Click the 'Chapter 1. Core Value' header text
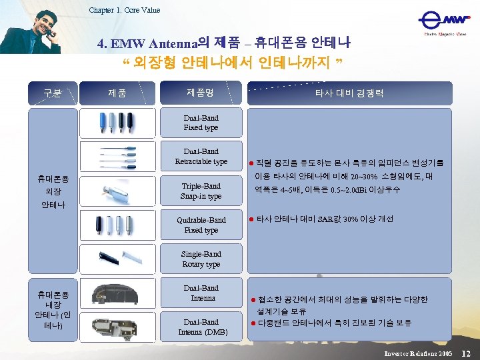pyautogui.click(x=125, y=10)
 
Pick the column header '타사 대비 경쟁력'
pyautogui.click(x=349, y=93)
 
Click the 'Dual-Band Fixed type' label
pyautogui.click(x=201, y=123)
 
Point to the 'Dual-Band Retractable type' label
pyautogui.click(x=201, y=157)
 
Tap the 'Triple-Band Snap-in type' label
pyautogui.click(x=201, y=191)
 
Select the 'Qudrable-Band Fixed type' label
pyautogui.click(x=201, y=225)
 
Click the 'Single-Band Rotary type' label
pyautogui.click(x=201, y=259)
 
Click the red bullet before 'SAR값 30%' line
pyautogui.click(x=251, y=219)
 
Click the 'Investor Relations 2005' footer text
pyautogui.click(x=418, y=352)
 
